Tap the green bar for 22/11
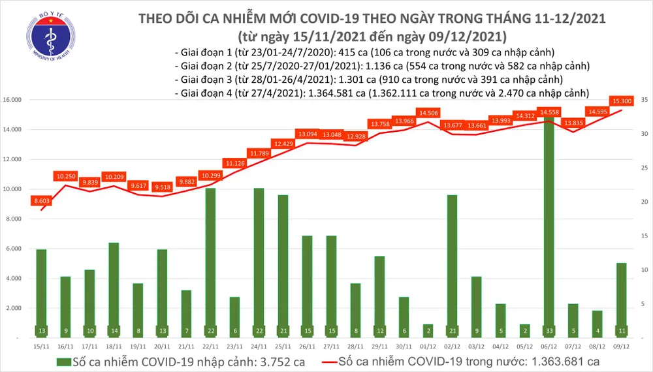point(210,261)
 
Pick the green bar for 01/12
point(428,330)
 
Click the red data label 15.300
point(621,101)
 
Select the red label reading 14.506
point(428,113)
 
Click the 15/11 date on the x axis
point(41,347)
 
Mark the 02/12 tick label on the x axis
point(452,347)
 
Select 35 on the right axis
point(644,100)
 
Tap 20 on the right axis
point(644,202)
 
